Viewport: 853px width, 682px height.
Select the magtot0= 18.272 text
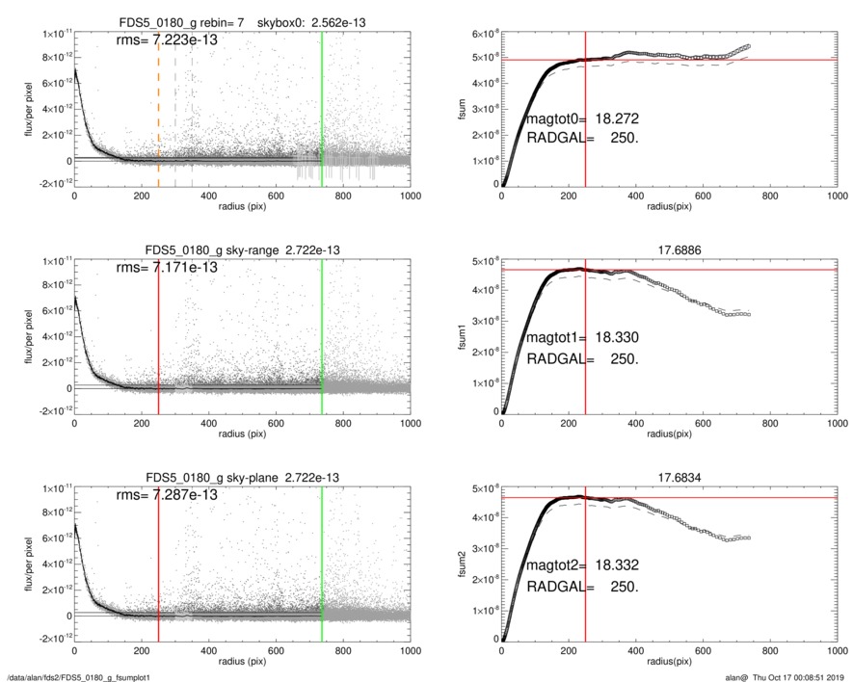(582, 119)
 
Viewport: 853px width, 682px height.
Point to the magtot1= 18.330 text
(582, 339)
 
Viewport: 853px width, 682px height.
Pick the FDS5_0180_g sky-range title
(242, 249)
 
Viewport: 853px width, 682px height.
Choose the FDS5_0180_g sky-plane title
(242, 477)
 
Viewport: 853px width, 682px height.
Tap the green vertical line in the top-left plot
(322, 106)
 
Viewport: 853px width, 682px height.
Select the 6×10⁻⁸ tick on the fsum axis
(481, 35)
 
